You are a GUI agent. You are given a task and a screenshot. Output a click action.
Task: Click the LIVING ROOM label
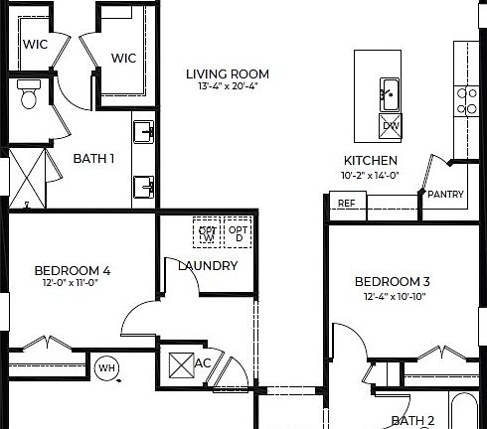[x=228, y=73]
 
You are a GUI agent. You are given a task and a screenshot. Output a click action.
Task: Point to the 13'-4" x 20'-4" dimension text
[x=228, y=86]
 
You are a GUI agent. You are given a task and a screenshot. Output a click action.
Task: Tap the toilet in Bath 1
[x=29, y=96]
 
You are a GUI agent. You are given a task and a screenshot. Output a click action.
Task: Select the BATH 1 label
[x=94, y=158]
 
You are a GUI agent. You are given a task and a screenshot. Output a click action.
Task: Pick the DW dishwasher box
[x=391, y=125]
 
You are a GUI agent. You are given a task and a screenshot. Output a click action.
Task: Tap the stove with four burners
[x=464, y=100]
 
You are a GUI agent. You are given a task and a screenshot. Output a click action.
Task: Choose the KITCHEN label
[x=371, y=161]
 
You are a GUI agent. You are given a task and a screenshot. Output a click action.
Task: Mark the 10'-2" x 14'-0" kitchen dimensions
[x=371, y=175]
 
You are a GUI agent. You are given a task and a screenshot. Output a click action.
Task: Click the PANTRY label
[x=445, y=195]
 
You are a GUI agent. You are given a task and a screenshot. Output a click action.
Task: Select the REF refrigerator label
[x=346, y=204]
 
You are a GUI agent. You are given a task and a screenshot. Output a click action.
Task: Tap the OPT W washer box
[x=208, y=232]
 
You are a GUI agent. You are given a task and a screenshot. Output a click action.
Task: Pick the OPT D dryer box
[x=238, y=232]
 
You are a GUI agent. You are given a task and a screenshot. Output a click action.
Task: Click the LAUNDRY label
[x=208, y=265]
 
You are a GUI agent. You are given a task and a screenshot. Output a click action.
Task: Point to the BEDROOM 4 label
[x=72, y=269]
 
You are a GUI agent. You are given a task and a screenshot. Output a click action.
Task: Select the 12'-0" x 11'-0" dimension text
[x=72, y=282]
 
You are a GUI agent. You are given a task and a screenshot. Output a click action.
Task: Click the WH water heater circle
[x=107, y=368]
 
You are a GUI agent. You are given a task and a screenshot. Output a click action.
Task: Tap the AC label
[x=202, y=362]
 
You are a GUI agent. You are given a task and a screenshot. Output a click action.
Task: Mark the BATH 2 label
[x=411, y=420]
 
